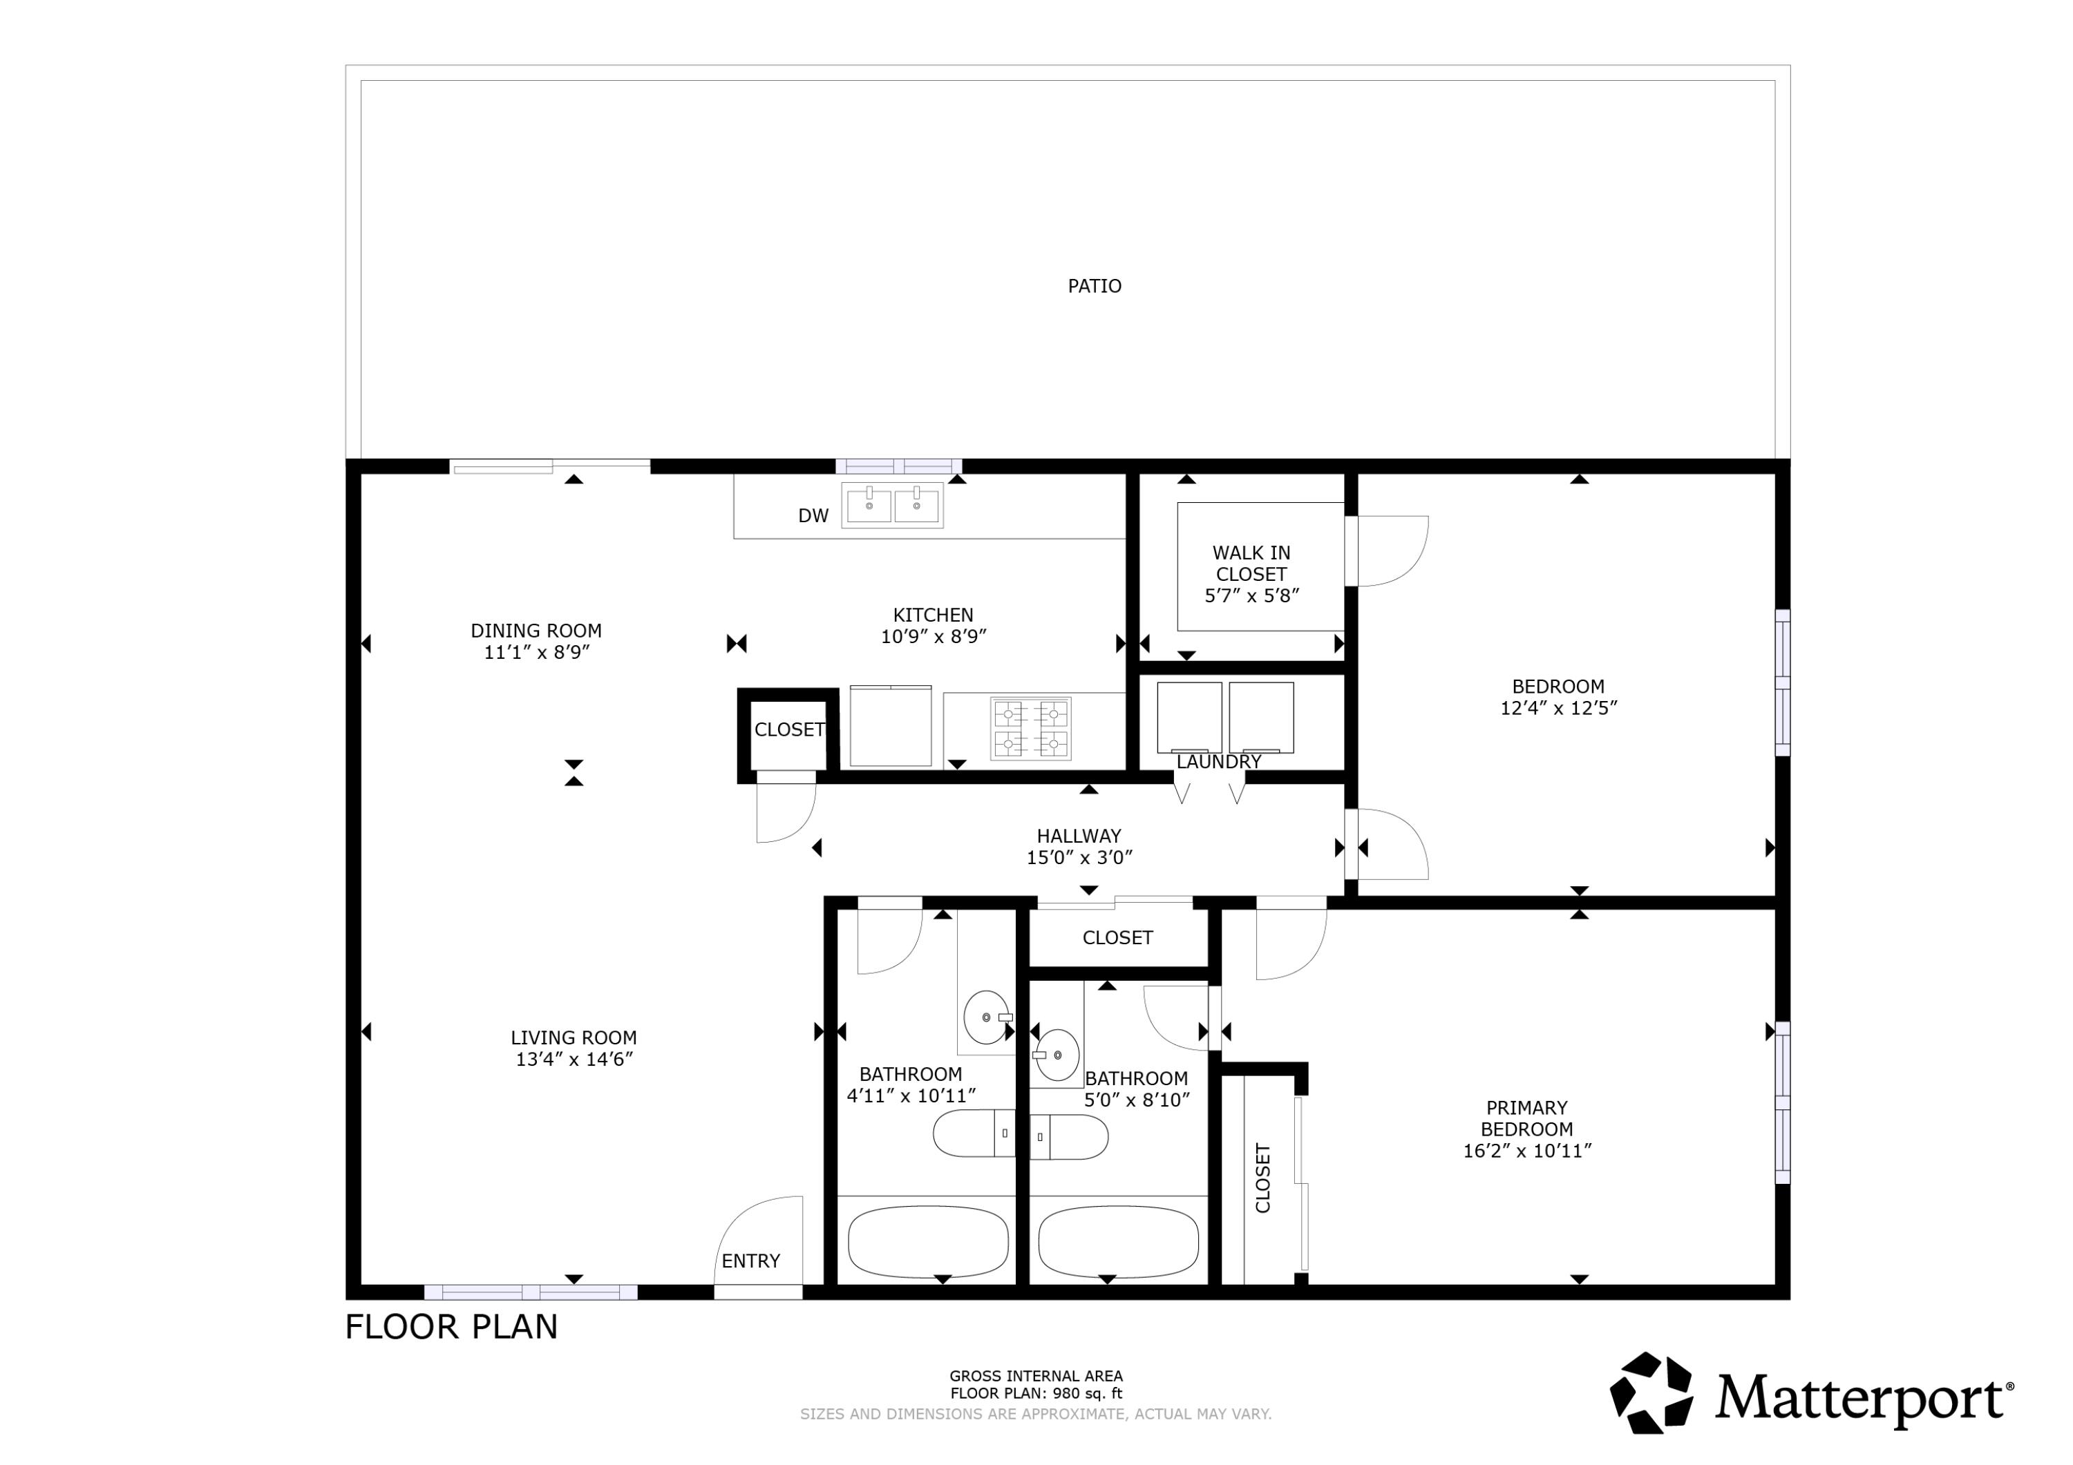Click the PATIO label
1095,286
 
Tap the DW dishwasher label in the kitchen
813,515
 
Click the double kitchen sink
892,506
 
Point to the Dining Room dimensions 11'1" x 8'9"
536,652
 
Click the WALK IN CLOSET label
1251,563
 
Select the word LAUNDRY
1218,762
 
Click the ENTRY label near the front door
750,1261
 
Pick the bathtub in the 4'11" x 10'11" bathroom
927,1242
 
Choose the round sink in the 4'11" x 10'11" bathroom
985,1017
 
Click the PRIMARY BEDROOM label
1526,1118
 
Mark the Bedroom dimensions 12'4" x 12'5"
1558,708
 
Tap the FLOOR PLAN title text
451,1327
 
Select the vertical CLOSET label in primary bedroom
1262,1178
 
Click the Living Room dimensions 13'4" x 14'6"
574,1059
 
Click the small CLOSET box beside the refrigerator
788,729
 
